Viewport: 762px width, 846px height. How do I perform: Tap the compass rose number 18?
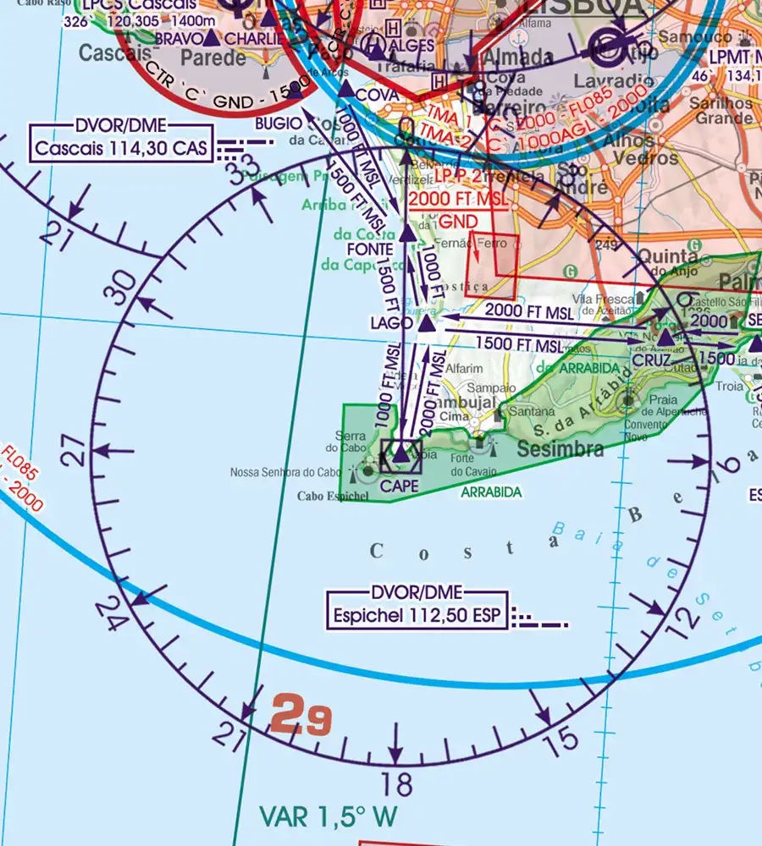pos(396,783)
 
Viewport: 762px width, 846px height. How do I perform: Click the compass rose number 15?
pos(560,742)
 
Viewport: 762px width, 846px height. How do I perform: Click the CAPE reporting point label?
pos(400,486)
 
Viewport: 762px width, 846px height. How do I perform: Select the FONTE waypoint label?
pos(369,249)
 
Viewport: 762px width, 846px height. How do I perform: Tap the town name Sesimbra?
pos(560,448)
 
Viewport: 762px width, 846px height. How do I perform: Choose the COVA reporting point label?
pos(378,96)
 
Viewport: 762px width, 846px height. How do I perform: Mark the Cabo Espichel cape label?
pos(333,496)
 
